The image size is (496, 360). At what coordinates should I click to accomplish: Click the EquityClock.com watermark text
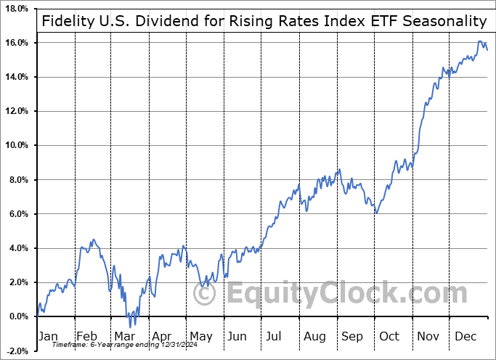345,294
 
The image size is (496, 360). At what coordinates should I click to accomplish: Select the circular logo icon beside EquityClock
206,294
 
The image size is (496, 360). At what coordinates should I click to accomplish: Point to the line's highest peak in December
480,42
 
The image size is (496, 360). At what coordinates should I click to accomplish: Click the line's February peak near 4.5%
92,239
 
